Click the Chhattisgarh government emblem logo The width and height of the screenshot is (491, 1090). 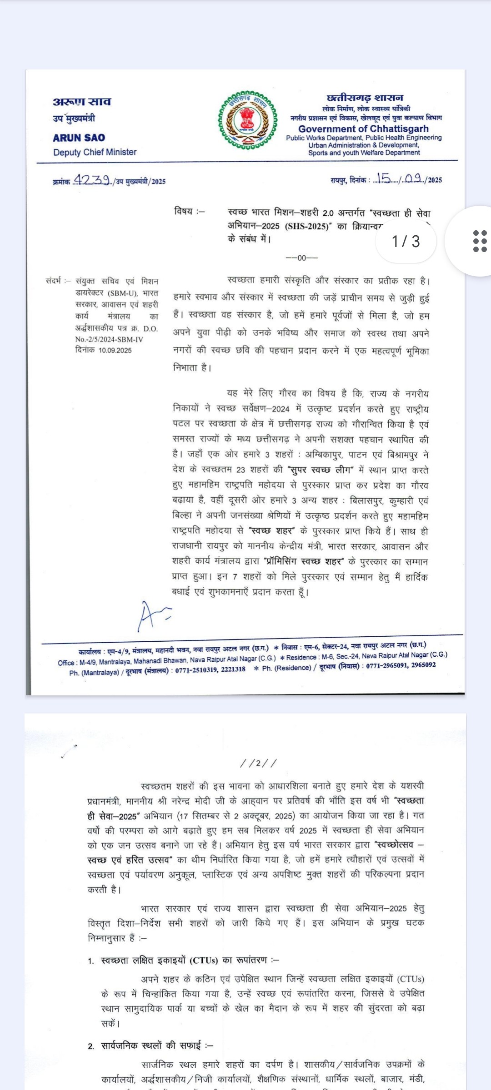(x=248, y=120)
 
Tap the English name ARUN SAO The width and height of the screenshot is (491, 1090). (x=79, y=138)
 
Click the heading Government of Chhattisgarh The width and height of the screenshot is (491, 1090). (x=363, y=129)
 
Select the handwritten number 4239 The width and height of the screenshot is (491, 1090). (x=92, y=180)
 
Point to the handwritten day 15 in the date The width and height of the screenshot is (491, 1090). (x=383, y=178)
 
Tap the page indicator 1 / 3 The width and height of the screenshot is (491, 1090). (x=406, y=241)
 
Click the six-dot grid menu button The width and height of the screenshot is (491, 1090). (x=480, y=241)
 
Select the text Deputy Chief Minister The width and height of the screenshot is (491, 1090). (x=95, y=152)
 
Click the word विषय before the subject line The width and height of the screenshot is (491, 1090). (x=184, y=211)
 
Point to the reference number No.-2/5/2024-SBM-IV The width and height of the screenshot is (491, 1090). (x=109, y=339)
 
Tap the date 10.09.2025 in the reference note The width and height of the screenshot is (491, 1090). (x=115, y=350)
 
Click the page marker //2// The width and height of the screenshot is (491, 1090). (x=258, y=763)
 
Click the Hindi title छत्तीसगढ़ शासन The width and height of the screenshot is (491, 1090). (x=365, y=98)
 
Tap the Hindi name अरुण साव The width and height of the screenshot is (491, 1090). (x=82, y=102)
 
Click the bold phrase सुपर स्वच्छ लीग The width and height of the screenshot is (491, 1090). (x=321, y=470)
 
